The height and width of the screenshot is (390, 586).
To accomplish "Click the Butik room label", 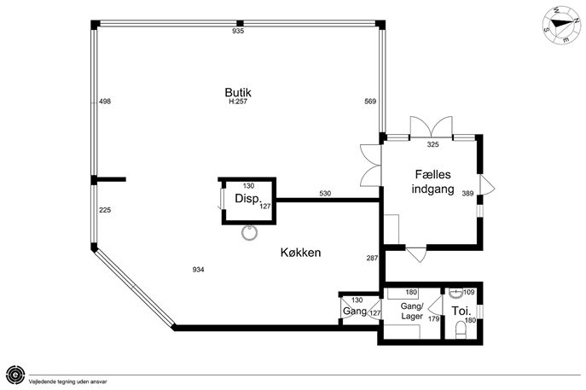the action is point(238,92).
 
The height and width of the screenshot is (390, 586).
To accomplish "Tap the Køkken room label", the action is point(300,253).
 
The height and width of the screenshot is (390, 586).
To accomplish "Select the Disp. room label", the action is point(247,199).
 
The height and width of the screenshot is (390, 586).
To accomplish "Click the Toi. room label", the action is point(461,311).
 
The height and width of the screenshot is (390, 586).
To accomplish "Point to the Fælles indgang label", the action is point(432,182).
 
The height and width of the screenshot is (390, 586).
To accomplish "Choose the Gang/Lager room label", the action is point(412,311).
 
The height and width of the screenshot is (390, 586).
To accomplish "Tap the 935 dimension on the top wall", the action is point(238,31).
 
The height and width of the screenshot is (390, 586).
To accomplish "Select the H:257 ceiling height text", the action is point(238,102).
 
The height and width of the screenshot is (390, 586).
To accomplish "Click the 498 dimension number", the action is point(105,102).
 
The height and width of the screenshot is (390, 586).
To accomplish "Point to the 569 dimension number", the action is point(370,102).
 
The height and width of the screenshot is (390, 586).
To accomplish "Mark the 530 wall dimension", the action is point(325,194).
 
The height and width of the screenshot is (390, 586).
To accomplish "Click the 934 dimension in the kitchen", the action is point(198,269).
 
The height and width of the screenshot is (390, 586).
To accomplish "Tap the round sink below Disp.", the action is point(249,233).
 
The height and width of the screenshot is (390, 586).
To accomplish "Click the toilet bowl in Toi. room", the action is point(461,330).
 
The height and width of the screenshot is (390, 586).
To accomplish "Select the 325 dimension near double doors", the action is point(432,144).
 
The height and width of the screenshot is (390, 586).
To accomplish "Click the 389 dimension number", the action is point(467,194).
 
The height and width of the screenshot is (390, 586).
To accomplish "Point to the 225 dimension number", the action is point(105,210).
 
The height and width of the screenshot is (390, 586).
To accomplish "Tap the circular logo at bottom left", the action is point(15,374).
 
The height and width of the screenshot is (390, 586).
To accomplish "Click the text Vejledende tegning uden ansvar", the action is point(68,381).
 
